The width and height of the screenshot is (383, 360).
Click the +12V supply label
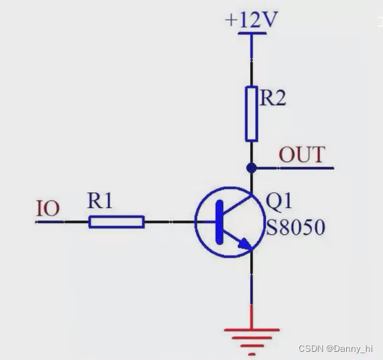[x=251, y=19]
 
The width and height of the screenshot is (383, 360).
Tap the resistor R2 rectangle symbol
[x=251, y=114]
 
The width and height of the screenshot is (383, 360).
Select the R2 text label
[x=273, y=98]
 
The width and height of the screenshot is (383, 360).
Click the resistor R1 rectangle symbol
[x=116, y=222]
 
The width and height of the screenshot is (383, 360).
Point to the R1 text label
[x=99, y=201]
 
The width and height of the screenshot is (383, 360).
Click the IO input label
[x=48, y=209]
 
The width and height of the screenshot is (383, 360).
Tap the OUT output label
[x=302, y=155]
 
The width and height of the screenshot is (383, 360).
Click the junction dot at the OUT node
[x=251, y=168]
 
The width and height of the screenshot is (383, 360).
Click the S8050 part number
[x=295, y=227]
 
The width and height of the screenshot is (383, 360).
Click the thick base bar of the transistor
[x=219, y=222]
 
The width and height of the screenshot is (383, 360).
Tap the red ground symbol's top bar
[x=251, y=330]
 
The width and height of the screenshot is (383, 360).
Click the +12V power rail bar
[x=252, y=33]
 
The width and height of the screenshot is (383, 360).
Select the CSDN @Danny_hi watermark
[x=336, y=348]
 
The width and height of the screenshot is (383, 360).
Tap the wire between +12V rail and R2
[x=251, y=60]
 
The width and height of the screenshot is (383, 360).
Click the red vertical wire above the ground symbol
[x=251, y=317]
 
